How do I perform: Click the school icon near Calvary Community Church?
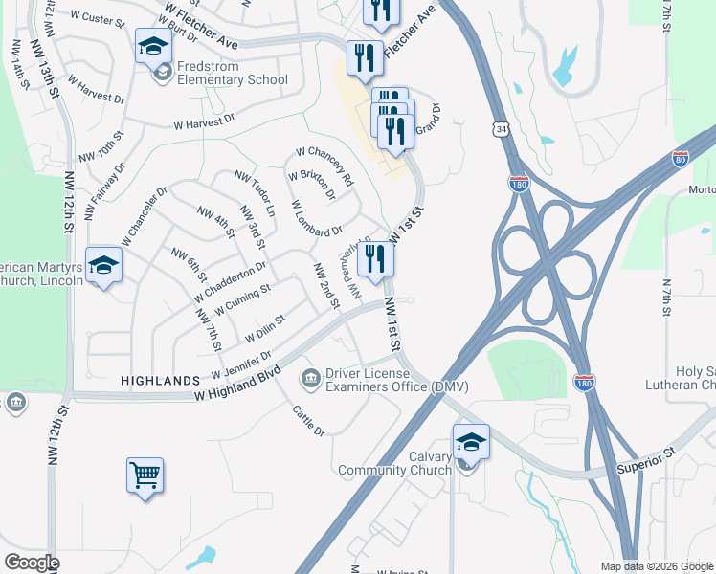tap(470, 442)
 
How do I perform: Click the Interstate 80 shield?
tap(681, 159)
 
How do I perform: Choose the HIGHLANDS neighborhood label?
tap(159, 381)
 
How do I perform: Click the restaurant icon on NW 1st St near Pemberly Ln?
tap(375, 258)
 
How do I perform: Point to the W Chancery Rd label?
tap(324, 166)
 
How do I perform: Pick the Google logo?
tap(32, 563)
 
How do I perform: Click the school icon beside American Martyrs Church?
tap(103, 265)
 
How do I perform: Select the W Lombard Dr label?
tap(316, 218)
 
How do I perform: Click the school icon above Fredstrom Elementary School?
tap(153, 45)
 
